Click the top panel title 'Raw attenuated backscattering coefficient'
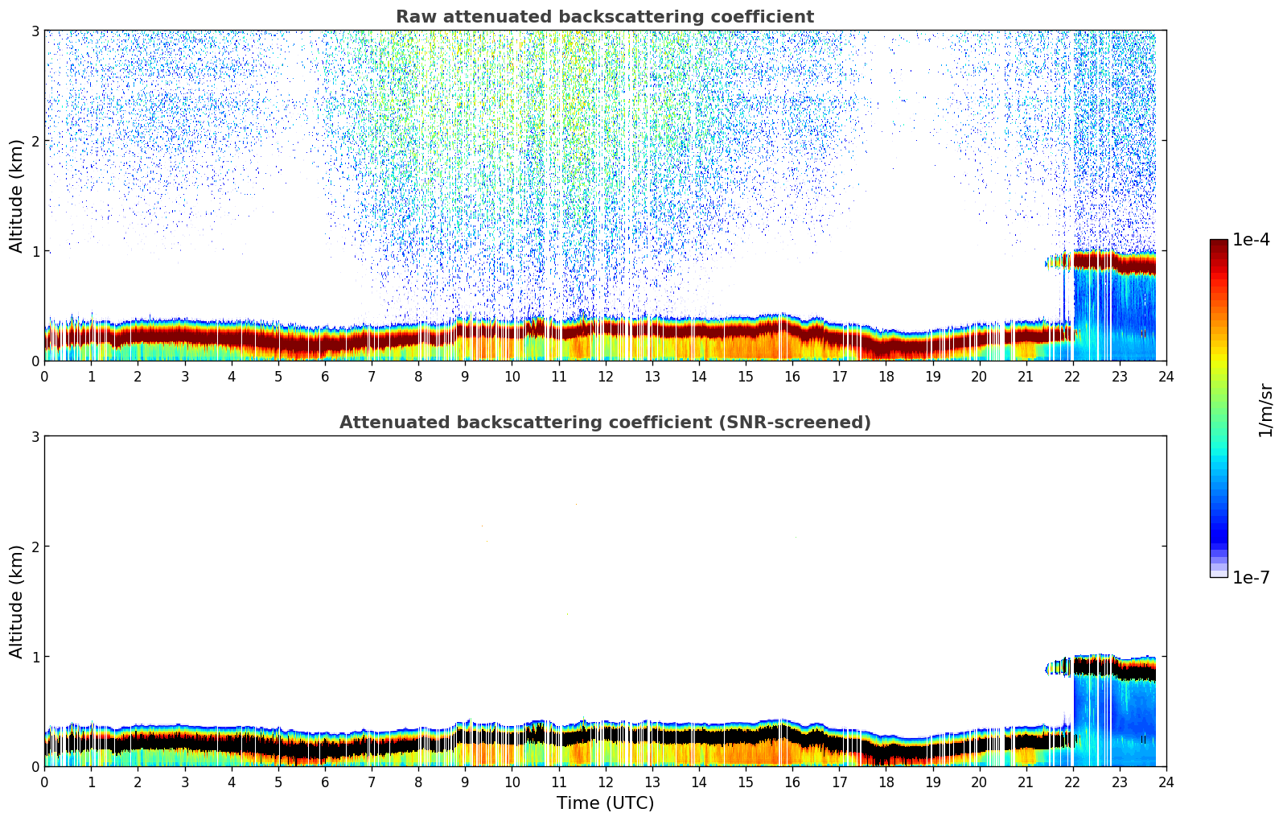click(605, 17)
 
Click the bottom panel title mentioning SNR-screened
click(605, 423)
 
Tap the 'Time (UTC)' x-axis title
click(605, 803)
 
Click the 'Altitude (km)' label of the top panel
click(17, 196)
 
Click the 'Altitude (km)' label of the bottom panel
click(17, 601)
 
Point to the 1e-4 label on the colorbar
click(1251, 240)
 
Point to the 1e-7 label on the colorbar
click(1251, 577)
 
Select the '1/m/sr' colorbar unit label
click(1265, 410)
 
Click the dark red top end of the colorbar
click(1219, 244)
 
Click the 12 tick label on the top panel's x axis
click(605, 377)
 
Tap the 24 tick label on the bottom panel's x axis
click(1166, 782)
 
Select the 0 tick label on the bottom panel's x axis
click(44, 782)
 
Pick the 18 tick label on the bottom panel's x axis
click(886, 782)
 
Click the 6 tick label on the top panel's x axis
click(325, 377)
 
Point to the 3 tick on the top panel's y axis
click(35, 31)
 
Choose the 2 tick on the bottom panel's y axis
click(35, 547)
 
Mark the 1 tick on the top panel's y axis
click(35, 251)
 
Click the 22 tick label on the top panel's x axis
click(1072, 377)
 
